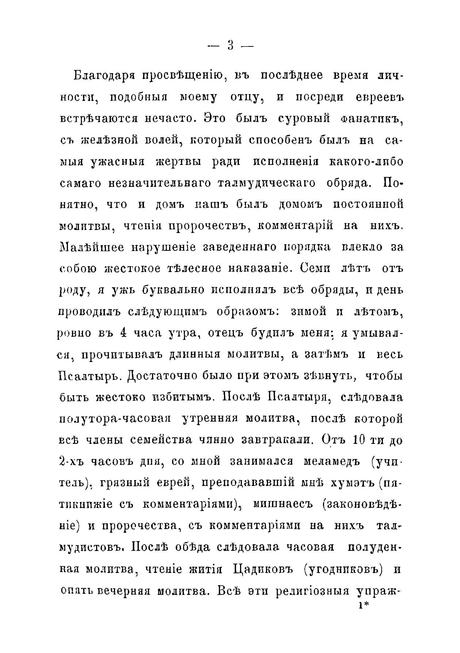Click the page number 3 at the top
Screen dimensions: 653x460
click(230, 46)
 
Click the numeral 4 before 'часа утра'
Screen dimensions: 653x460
click(123, 333)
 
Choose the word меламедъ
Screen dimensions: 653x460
click(330, 461)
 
